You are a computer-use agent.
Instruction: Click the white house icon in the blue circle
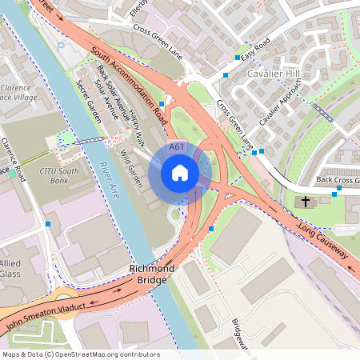[x=180, y=172]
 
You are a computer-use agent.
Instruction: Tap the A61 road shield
[x=178, y=147]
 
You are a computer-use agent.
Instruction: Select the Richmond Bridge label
[x=151, y=275]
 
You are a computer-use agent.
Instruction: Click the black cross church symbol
[x=306, y=202]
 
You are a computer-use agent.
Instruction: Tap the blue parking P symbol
[x=61, y=46]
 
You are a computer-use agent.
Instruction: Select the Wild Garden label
[x=130, y=167]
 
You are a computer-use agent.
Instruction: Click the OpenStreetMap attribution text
[x=81, y=354]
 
